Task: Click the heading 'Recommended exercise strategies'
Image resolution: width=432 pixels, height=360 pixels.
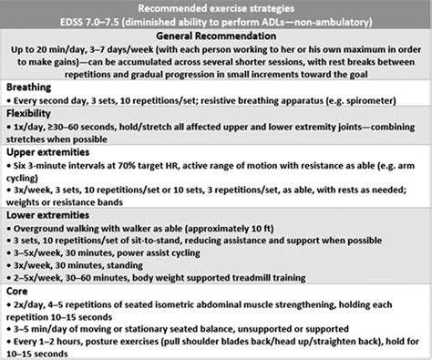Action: coord(216,7)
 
